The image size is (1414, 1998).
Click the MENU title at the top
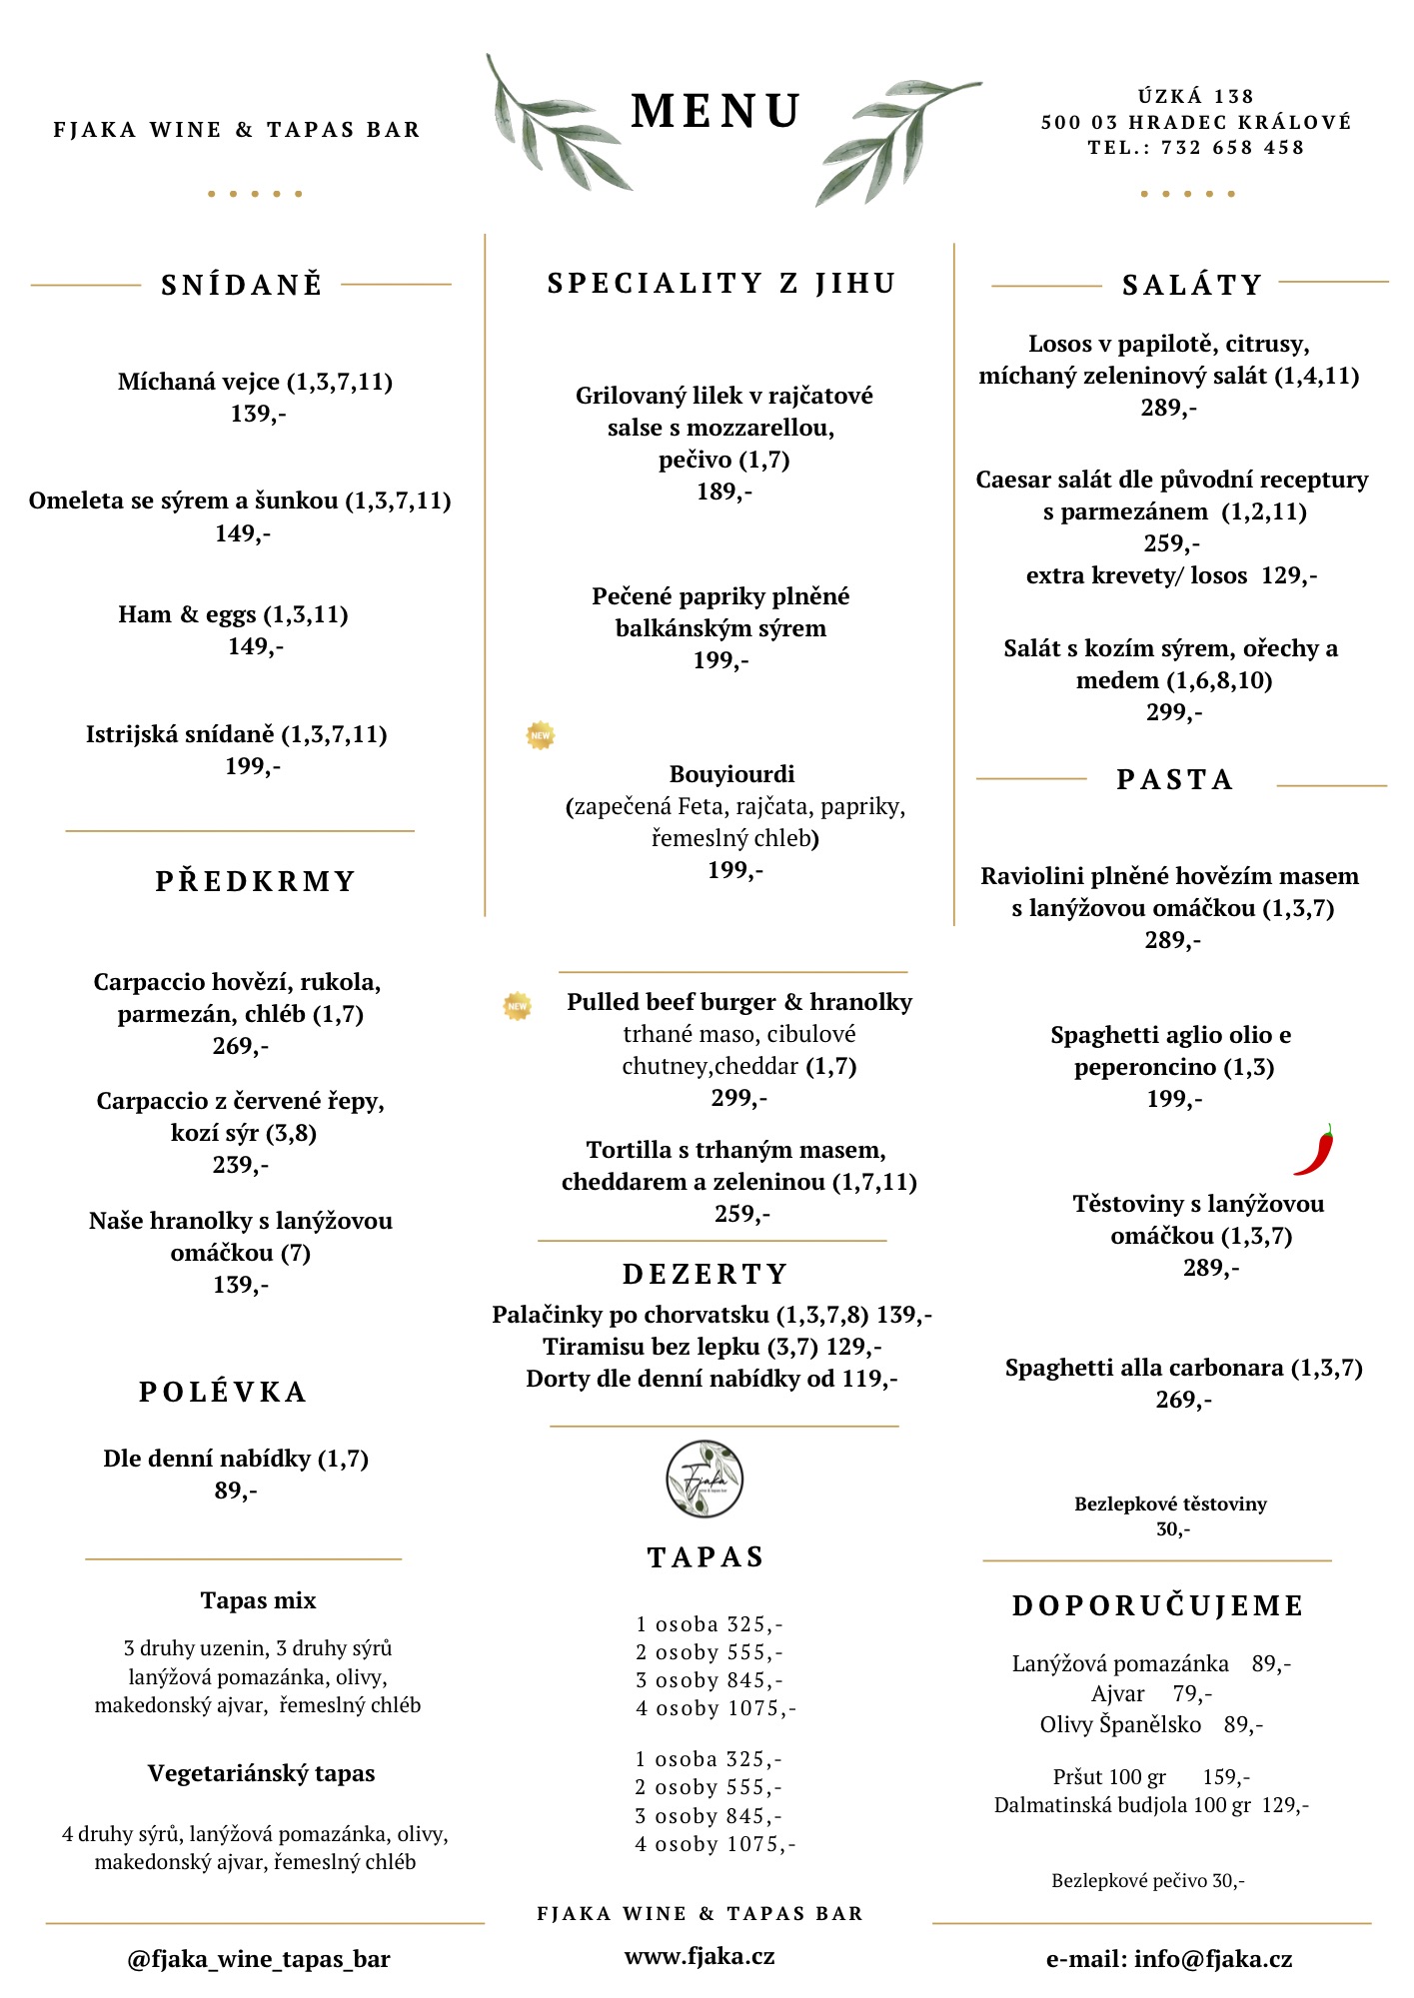coord(715,111)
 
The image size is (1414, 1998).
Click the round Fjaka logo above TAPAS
coord(705,1479)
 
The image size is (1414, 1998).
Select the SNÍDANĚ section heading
coord(242,285)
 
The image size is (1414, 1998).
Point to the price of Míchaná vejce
coord(258,414)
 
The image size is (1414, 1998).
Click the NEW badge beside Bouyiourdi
coord(541,735)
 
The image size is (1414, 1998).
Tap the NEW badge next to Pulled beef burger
coord(518,1006)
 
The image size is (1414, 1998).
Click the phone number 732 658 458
coord(1232,148)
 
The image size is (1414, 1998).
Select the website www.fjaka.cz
coord(700,1956)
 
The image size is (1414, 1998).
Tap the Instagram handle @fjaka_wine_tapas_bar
coord(259,1959)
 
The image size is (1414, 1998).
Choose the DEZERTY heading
coord(706,1274)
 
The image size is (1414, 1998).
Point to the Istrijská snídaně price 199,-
coord(253,766)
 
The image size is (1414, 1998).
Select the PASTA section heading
coord(1175,779)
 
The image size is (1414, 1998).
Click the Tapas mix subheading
coord(258,1600)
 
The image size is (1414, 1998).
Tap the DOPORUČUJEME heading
coord(1158,1605)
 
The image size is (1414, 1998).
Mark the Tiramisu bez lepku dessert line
coord(711,1347)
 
